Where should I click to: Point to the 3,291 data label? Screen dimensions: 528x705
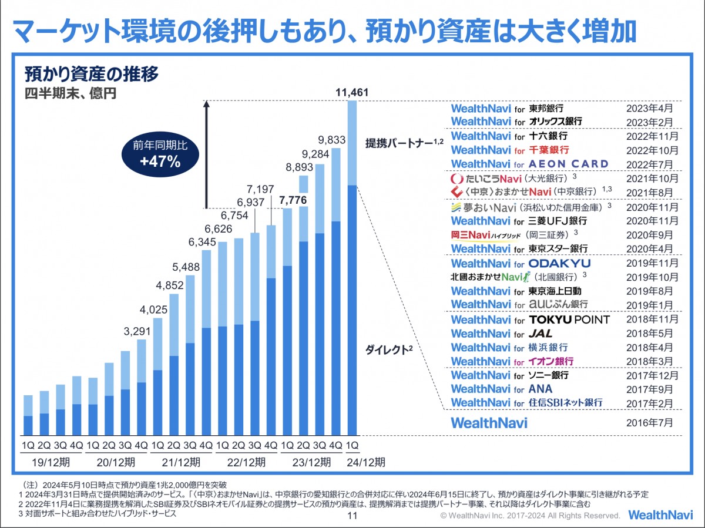pyautogui.click(x=136, y=331)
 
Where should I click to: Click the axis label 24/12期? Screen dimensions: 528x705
pyautogui.click(x=365, y=462)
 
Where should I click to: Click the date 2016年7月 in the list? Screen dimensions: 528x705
pyautogui.click(x=651, y=422)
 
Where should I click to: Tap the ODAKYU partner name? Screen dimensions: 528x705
pyautogui.click(x=559, y=263)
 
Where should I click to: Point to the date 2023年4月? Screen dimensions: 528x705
pyautogui.click(x=651, y=108)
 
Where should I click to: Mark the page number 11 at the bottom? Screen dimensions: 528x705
pyautogui.click(x=352, y=516)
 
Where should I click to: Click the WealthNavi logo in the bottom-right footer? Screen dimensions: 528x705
pyautogui.click(x=660, y=514)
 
